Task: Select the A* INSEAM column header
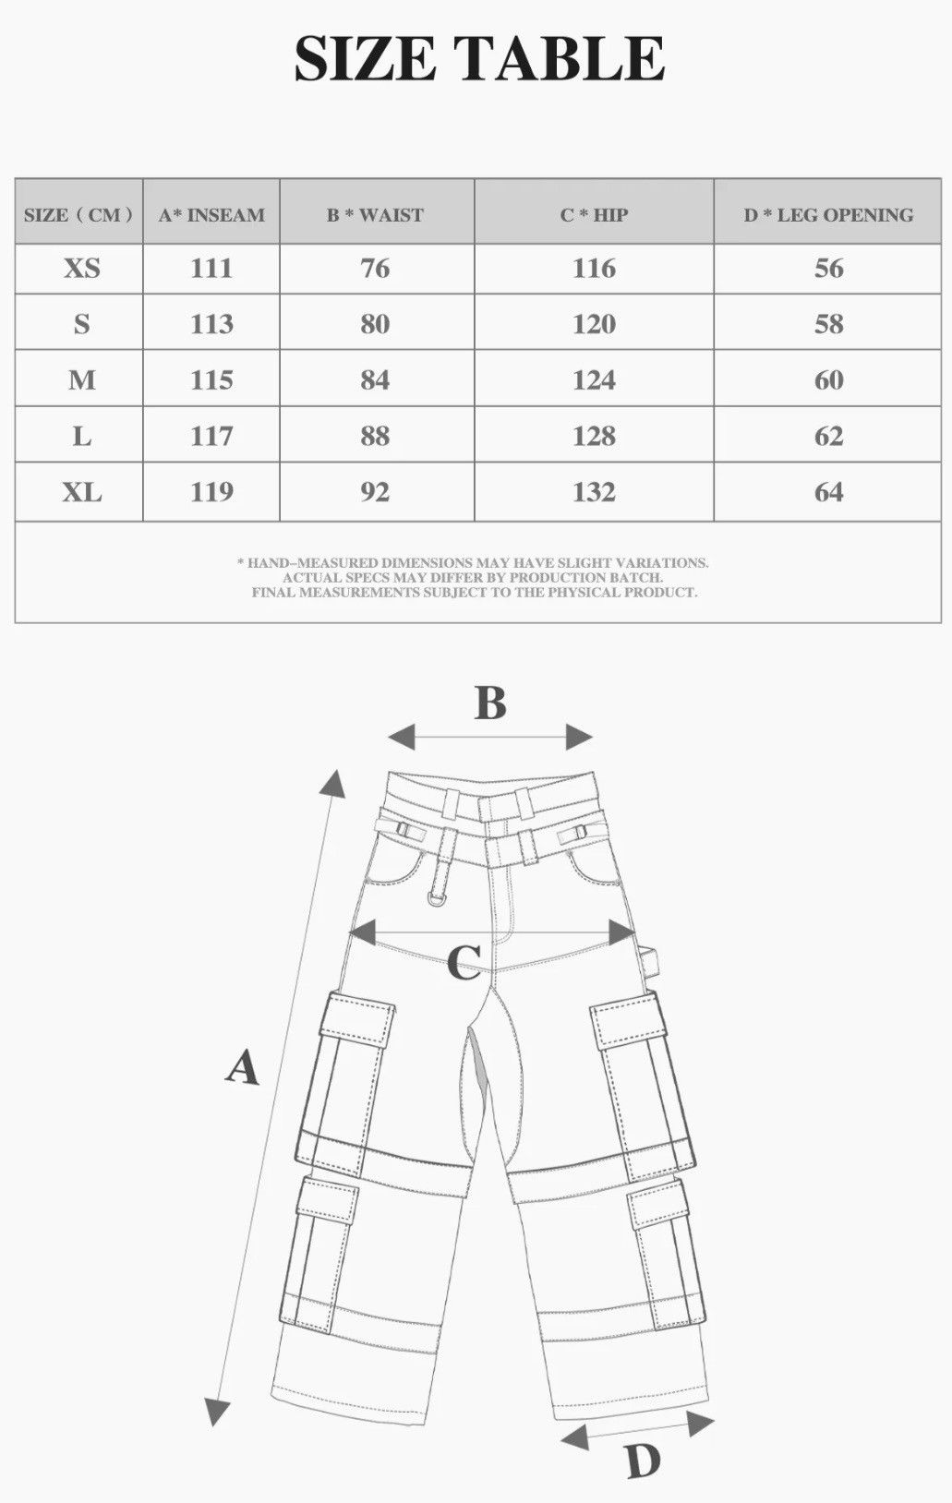[x=211, y=215]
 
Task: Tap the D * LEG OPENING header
[x=828, y=215]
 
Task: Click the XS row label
[x=82, y=269]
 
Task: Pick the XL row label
[x=82, y=492]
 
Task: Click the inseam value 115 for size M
[x=211, y=380]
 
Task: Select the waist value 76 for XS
[x=375, y=269]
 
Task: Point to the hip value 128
[x=595, y=437]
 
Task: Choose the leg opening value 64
[x=828, y=492]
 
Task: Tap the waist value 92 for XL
[x=375, y=492]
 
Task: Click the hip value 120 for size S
[x=595, y=325]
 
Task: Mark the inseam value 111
[x=211, y=269]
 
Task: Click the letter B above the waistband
[x=490, y=703]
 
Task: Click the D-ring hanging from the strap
[x=438, y=897]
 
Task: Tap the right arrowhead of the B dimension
[x=579, y=738]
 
